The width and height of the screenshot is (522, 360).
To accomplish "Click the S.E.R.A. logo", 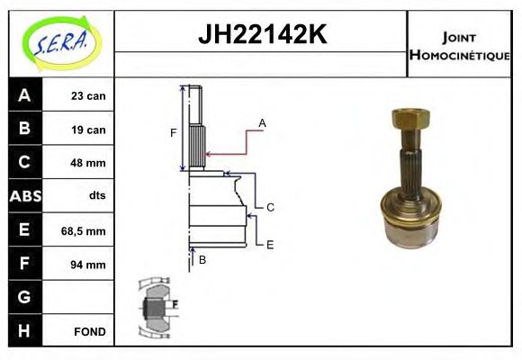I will pyautogui.click(x=60, y=41).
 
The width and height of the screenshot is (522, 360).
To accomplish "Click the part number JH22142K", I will pyautogui.click(x=262, y=36).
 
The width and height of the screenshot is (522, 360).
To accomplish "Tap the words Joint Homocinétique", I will pyautogui.click(x=459, y=45).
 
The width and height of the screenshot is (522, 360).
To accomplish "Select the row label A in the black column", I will pyautogui.click(x=24, y=95).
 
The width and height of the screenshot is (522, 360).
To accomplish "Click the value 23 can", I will pyautogui.click(x=89, y=95).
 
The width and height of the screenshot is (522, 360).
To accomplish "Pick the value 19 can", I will pyautogui.click(x=89, y=130).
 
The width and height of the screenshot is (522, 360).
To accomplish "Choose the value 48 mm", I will pyautogui.click(x=89, y=163).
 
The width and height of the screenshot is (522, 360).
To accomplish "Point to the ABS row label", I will pyautogui.click(x=24, y=196).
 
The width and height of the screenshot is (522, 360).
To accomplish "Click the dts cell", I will pyautogui.click(x=96, y=196).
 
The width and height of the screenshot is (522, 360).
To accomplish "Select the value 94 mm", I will pyautogui.click(x=89, y=265).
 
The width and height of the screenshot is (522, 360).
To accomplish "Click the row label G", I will pyautogui.click(x=24, y=297).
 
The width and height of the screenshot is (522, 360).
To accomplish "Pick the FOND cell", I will pyautogui.click(x=90, y=331).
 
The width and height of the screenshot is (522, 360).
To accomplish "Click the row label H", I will pyautogui.click(x=24, y=331).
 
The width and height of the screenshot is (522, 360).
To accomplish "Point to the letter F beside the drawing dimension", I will pyautogui.click(x=174, y=133).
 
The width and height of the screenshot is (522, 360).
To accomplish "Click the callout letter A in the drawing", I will pyautogui.click(x=262, y=122).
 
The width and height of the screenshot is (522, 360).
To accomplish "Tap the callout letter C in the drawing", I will pyautogui.click(x=270, y=207).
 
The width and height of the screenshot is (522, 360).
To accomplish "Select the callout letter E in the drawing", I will pyautogui.click(x=269, y=244).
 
